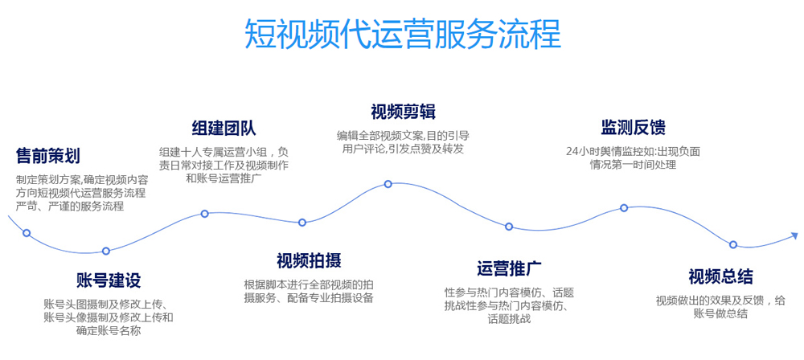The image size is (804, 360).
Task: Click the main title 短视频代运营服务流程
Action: pyautogui.click(x=402, y=34)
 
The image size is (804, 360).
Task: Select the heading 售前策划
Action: pyautogui.click(x=48, y=155)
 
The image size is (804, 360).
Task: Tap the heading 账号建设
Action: pyautogui.click(x=109, y=280)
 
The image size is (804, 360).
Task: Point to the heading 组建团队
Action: pyautogui.click(x=224, y=129)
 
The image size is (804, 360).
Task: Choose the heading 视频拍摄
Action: pyautogui.click(x=309, y=260)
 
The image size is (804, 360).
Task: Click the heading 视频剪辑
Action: pyautogui.click(x=403, y=111)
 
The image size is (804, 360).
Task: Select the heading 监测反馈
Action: pyautogui.click(x=633, y=127)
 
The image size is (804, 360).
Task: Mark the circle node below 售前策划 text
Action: pyautogui.click(x=27, y=233)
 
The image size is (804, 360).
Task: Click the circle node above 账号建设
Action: pyautogui.click(x=106, y=251)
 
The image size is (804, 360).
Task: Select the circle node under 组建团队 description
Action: pyautogui.click(x=205, y=214)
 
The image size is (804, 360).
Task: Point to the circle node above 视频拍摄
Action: pyautogui.click(x=302, y=223)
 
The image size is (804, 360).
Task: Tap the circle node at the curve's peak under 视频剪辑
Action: pyautogui.click(x=388, y=184)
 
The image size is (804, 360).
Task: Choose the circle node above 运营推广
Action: pyautogui.click(x=509, y=227)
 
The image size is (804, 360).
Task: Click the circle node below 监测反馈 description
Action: pyautogui.click(x=624, y=208)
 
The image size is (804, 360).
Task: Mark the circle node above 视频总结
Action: pyautogui.click(x=733, y=244)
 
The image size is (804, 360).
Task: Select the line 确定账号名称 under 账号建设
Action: pyautogui.click(x=109, y=330)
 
